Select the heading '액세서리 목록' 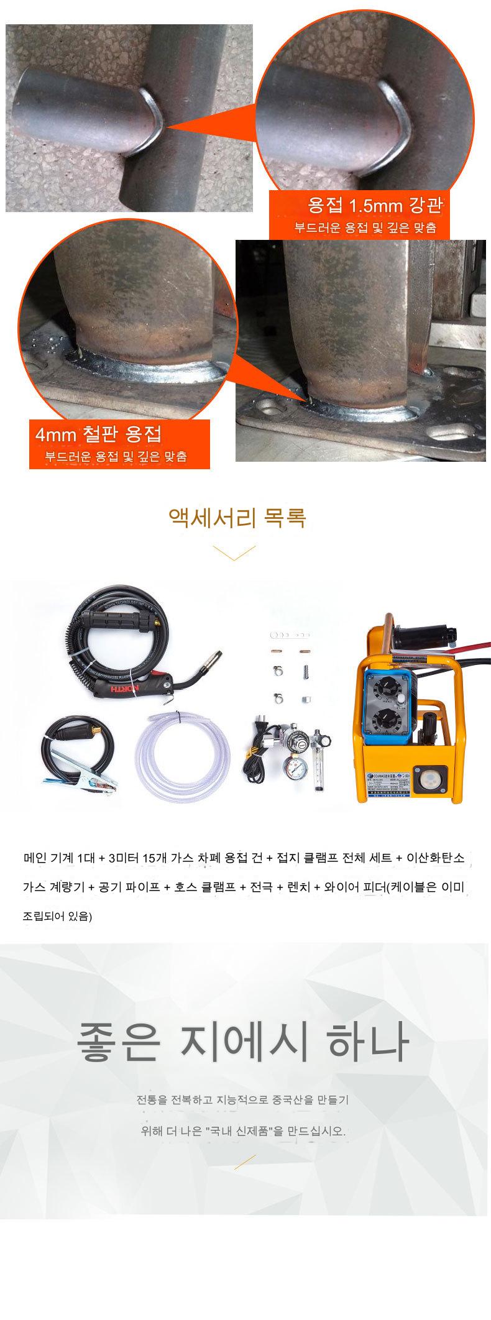coord(237,517)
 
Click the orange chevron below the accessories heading coord(234,552)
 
